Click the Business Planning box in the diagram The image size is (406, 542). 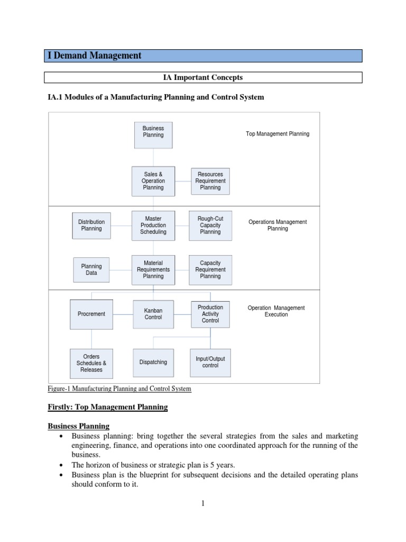153,132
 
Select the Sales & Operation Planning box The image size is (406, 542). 153,180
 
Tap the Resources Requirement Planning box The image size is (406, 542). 210,180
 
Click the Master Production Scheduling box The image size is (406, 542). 153,225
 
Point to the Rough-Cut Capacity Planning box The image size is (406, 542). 210,225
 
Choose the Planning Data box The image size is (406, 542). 91,269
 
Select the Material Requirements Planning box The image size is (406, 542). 153,269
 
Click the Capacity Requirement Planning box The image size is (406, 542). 210,269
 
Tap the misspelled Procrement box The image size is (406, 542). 91,314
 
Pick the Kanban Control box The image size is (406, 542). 153,314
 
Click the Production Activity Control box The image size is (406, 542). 210,314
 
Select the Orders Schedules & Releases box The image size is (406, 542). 91,363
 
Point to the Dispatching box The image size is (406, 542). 153,363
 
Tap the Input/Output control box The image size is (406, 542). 210,363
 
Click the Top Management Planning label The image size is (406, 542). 278,134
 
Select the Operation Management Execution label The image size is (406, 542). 276,311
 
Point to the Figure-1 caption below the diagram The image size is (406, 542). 119,389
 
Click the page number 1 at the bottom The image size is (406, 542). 202,504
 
